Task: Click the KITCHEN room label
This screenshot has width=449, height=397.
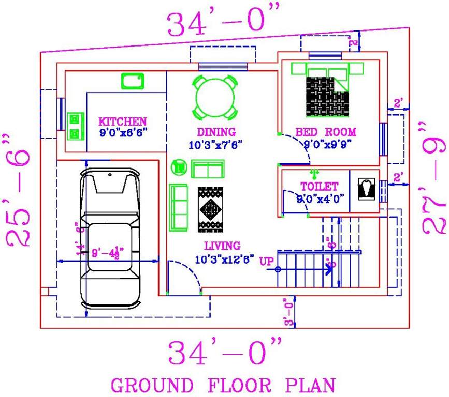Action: (122, 121)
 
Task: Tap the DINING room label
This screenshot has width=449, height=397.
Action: (216, 132)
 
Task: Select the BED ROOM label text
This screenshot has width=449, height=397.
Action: (326, 132)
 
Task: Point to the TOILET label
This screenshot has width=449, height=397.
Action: (319, 186)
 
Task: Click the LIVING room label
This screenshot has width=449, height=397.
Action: (222, 246)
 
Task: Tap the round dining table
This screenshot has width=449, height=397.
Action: (216, 97)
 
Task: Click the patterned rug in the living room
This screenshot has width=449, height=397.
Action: (210, 209)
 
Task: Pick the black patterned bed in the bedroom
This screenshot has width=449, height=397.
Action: (327, 96)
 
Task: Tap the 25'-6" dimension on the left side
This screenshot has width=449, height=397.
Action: (21, 190)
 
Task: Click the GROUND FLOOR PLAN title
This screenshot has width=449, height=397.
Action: (223, 385)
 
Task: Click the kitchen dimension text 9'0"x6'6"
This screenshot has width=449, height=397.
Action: (123, 132)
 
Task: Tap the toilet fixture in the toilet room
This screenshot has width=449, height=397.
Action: (369, 189)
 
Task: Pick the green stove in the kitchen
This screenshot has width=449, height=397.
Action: (76, 127)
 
